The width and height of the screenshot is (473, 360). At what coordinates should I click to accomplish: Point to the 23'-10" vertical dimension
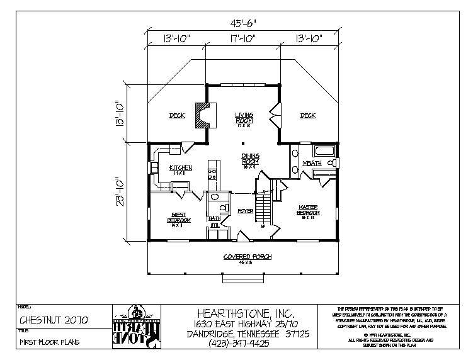(118, 191)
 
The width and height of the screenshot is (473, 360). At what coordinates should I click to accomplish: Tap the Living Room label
(244, 118)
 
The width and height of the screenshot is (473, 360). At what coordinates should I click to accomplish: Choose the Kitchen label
(180, 168)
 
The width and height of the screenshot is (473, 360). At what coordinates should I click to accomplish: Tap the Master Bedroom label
(308, 211)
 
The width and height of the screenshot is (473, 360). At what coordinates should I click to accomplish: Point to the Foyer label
(245, 211)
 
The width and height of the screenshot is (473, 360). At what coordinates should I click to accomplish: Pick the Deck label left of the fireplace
(176, 116)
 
